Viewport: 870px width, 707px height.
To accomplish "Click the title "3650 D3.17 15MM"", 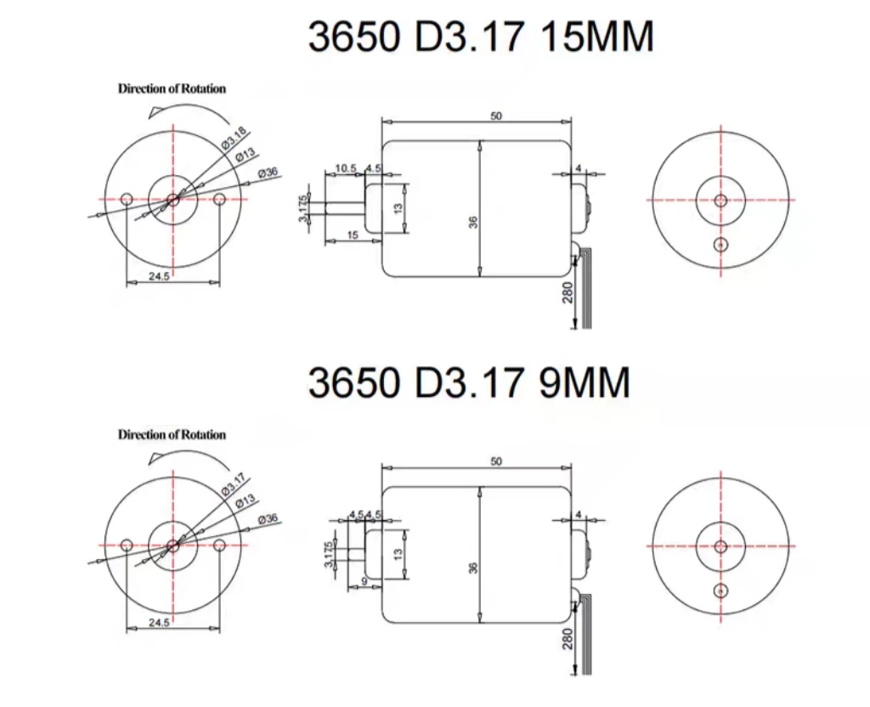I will coord(480,38).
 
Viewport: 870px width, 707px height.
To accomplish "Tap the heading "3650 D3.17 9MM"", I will coord(468,383).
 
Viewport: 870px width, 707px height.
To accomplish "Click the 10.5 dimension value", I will coord(345,169).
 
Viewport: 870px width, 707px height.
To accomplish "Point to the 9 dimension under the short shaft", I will coord(364,581).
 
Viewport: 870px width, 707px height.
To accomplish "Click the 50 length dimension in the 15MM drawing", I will coord(496,116).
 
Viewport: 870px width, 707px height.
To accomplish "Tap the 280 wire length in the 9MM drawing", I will coord(568,636).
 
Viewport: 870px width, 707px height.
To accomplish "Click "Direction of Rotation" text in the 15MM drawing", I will coord(172,88).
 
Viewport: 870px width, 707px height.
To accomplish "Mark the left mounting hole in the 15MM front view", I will coord(126,199).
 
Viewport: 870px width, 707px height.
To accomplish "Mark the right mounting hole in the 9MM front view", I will coord(219,545).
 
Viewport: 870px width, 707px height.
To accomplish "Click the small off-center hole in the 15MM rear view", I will coord(720,245).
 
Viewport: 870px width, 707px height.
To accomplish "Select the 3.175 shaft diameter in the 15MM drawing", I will coord(302,207).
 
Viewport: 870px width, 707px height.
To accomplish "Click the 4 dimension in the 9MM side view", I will coord(578,515).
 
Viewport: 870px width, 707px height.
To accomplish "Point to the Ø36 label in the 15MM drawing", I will coord(268,173).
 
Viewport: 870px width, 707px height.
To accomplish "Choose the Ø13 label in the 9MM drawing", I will coord(245,501).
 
